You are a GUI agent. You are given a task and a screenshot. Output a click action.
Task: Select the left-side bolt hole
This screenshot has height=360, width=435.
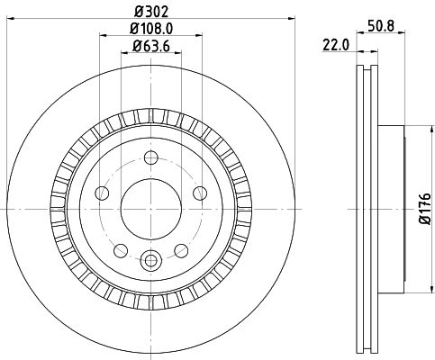(x=102, y=193)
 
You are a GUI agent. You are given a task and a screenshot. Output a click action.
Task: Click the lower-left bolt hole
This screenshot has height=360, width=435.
(x=122, y=248)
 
